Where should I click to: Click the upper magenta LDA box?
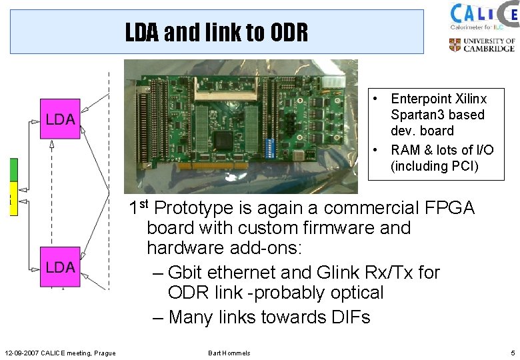pos(60,119)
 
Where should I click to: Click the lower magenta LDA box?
pos(60,267)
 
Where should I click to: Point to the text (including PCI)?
pos(435,166)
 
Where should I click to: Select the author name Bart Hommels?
pos(229,353)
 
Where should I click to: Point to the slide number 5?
pos(512,353)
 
